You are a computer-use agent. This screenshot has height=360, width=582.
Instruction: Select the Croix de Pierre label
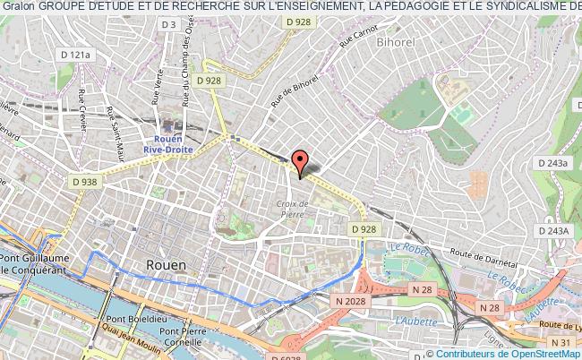[293, 209]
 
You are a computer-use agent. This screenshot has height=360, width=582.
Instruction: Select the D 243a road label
[554, 163]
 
